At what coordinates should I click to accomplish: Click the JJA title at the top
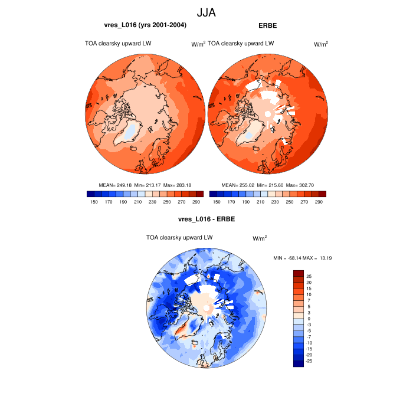click(x=206, y=11)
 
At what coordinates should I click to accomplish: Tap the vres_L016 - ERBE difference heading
click(x=206, y=219)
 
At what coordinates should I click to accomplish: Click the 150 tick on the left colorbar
click(x=93, y=202)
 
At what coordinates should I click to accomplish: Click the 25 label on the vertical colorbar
click(x=309, y=276)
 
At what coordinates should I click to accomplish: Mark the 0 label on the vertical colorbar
click(x=307, y=319)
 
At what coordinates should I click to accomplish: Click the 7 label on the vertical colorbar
click(x=307, y=300)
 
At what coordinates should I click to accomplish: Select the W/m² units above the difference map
click(x=260, y=238)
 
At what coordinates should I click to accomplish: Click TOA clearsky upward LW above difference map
click(x=179, y=237)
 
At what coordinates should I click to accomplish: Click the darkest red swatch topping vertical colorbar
click(x=299, y=273)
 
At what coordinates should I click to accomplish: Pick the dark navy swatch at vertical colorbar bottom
click(x=299, y=363)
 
